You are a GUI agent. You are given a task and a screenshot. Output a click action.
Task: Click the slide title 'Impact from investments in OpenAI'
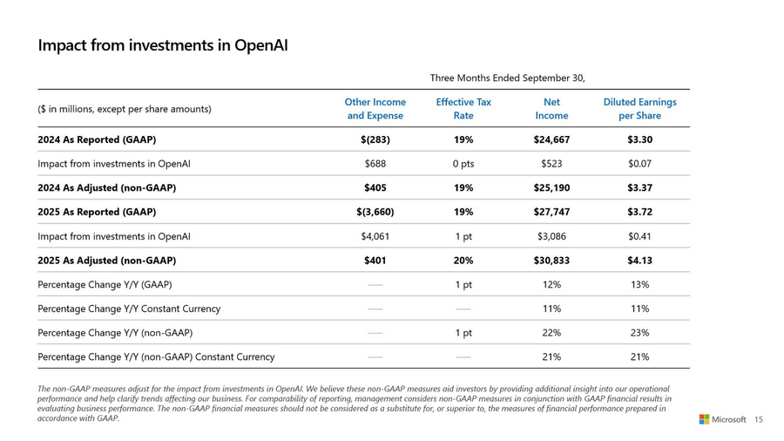(x=162, y=44)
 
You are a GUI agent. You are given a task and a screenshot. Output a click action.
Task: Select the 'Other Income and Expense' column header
(x=375, y=109)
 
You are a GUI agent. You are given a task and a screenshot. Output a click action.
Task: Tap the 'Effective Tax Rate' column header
(x=463, y=109)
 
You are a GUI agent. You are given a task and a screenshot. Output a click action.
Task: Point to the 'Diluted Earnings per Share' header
(x=639, y=109)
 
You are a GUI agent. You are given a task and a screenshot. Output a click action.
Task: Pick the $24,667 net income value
(x=551, y=139)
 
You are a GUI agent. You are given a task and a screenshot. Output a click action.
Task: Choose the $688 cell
(x=375, y=164)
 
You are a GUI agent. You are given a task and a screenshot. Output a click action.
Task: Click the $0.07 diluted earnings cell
(x=639, y=164)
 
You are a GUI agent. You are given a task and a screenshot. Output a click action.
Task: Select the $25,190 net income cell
(x=551, y=187)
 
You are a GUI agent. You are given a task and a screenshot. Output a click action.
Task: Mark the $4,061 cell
(x=375, y=236)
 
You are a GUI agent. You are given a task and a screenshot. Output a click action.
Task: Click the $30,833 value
(x=551, y=260)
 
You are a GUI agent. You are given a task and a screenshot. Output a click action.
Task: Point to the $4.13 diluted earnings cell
(x=639, y=260)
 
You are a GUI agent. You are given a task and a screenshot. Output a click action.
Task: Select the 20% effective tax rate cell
(x=463, y=260)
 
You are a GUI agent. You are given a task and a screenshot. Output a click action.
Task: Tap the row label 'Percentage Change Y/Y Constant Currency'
(x=129, y=309)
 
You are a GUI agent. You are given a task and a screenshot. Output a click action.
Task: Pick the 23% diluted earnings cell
(x=639, y=332)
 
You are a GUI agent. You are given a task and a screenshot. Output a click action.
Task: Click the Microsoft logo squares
(x=704, y=419)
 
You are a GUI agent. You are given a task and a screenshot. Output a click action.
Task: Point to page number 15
(x=758, y=419)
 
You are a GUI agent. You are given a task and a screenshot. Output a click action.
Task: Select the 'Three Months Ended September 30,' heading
(x=507, y=78)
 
